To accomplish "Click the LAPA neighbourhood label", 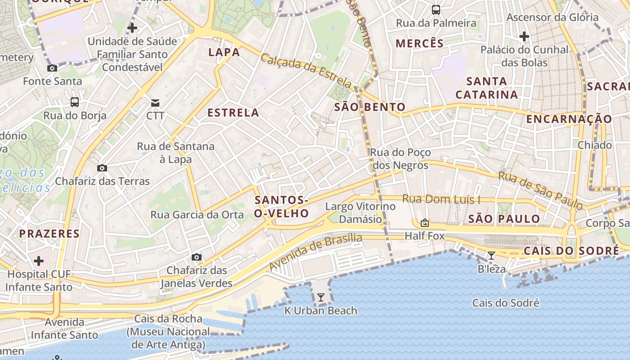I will point(224,52).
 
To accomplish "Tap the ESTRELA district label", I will point(233,112).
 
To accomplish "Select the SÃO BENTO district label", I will point(370,107).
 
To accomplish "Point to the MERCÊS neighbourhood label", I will point(419,43).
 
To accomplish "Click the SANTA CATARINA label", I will point(486,88).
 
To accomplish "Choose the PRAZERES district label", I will point(49,234).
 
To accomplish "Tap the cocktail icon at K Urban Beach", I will point(320,297).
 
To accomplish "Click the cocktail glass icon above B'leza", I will point(491,256).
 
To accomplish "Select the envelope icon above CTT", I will point(155,103).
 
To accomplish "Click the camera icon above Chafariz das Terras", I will point(102,168).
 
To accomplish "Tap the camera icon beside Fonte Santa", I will point(52,68).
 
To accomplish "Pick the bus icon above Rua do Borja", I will point(75,102).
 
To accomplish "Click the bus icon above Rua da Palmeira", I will point(436,9).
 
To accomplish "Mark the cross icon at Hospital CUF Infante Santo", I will point(39,261).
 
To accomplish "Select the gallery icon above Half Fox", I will point(424,223).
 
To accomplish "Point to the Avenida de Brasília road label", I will point(315,252).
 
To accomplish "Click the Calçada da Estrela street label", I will point(306,71).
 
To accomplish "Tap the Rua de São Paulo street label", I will point(540,190).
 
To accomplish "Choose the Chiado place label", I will point(594,145).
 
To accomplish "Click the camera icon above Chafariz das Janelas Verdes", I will point(196,257).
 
